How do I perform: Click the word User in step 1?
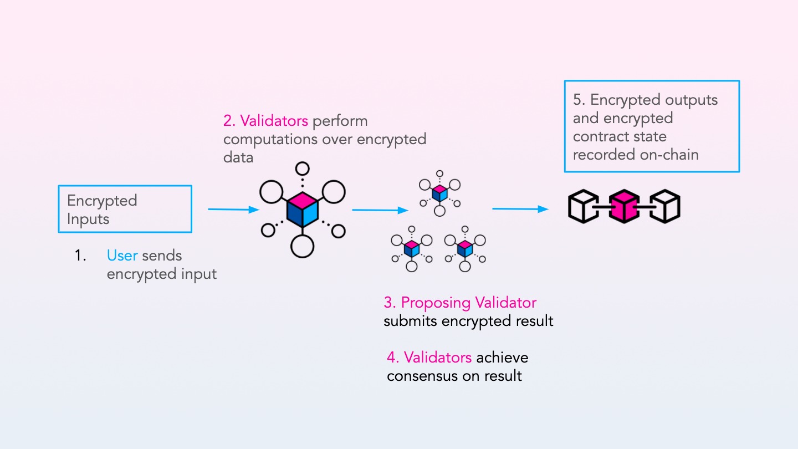coord(122,256)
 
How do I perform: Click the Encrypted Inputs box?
coord(125,209)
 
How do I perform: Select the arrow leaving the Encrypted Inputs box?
coord(233,210)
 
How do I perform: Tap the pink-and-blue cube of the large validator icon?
coord(302,210)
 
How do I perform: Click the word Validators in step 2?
coord(274,121)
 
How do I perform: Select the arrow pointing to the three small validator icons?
coord(380,210)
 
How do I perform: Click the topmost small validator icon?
coord(439,192)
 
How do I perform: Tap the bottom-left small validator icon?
coord(411,248)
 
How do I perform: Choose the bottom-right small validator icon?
coord(464,248)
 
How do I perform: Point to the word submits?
coord(409,321)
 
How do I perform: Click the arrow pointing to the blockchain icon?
coord(520,209)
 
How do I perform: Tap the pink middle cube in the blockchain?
coord(624,206)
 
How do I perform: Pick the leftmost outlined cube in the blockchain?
coord(584,206)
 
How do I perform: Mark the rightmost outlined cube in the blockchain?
coord(664,206)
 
